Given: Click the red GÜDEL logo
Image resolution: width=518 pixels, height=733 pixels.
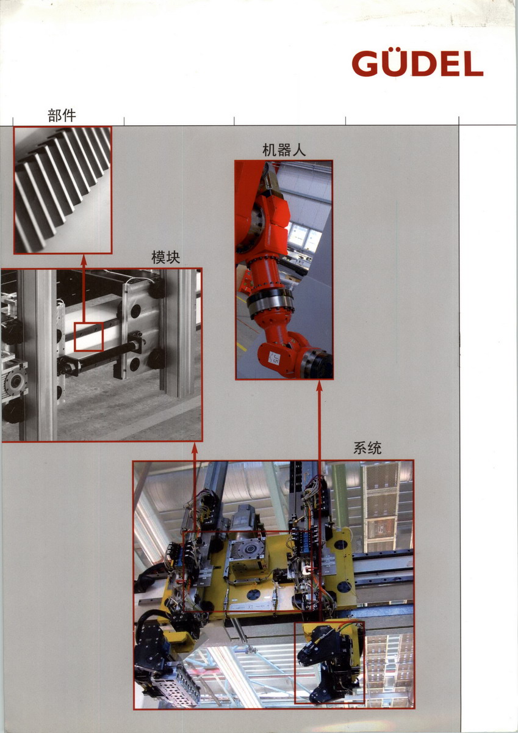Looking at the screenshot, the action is tap(417, 63).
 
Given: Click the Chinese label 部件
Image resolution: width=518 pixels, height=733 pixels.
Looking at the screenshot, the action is tap(62, 115).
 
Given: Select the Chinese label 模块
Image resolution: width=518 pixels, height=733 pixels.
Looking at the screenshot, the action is tap(166, 257).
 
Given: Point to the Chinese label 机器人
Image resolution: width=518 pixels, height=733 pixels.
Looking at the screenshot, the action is tap(284, 150).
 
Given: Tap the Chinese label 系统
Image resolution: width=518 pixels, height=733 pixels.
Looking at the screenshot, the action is tap(367, 448).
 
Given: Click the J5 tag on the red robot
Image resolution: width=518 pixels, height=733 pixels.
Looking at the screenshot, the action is tap(276, 357).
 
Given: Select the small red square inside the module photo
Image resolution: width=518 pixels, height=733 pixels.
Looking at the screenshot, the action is tap(89, 337).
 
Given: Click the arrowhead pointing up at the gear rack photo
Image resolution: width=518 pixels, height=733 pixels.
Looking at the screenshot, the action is tap(84, 260).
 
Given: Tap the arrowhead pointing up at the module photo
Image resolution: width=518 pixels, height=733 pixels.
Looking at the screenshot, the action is tap(195, 448).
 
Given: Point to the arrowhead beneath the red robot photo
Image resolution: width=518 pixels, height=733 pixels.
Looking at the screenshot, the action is tap(320, 385).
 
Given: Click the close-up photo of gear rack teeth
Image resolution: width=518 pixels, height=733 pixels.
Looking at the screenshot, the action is tap(63, 190).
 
